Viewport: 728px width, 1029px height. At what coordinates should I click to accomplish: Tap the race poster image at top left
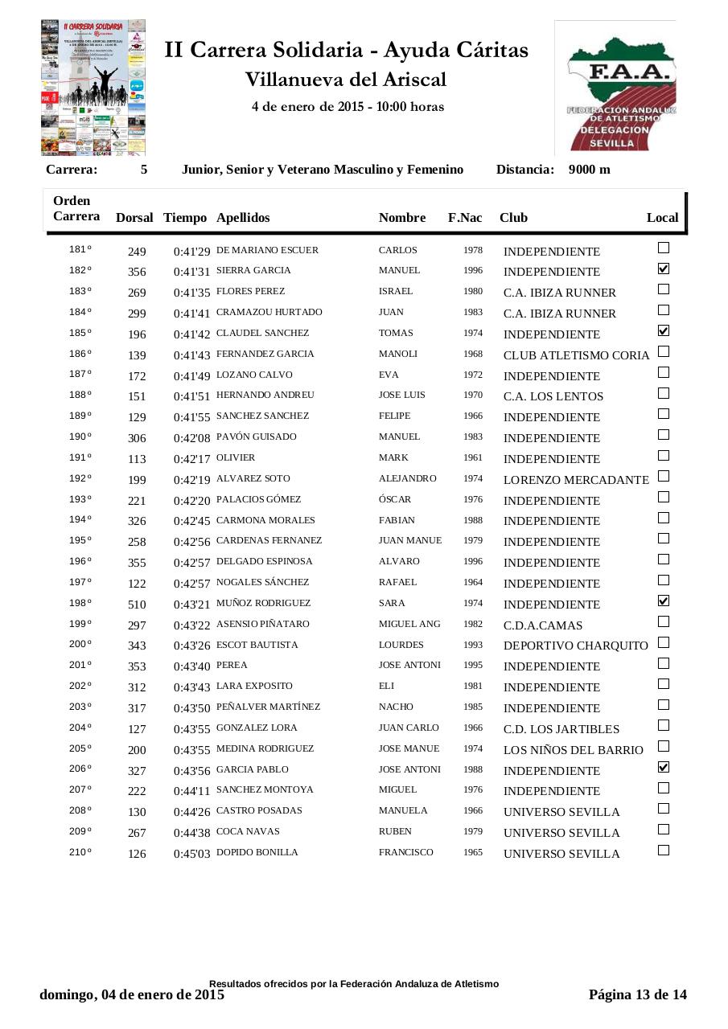pyautogui.click(x=93, y=87)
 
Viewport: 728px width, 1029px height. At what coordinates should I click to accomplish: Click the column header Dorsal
pyautogui.click(x=134, y=218)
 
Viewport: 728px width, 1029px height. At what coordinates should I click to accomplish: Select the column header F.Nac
pyautogui.click(x=465, y=218)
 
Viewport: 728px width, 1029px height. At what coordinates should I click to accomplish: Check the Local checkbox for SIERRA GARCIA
pyautogui.click(x=664, y=269)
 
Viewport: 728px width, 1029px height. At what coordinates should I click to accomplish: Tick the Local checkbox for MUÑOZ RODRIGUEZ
pyautogui.click(x=664, y=601)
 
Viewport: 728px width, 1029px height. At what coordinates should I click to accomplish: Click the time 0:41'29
pyautogui.click(x=191, y=252)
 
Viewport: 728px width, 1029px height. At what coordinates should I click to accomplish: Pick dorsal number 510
pyautogui.click(x=137, y=605)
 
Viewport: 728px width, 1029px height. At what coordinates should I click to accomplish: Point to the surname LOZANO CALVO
pyautogui.click(x=254, y=375)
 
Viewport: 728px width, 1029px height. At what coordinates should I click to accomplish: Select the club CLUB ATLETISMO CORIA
pyautogui.click(x=576, y=355)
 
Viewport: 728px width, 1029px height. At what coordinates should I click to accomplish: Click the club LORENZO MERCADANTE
pyautogui.click(x=576, y=480)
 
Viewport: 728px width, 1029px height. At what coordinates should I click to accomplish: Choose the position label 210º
pyautogui.click(x=80, y=852)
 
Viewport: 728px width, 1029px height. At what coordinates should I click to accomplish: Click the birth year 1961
pyautogui.click(x=473, y=457)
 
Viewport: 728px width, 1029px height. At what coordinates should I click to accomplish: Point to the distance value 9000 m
pyautogui.click(x=589, y=170)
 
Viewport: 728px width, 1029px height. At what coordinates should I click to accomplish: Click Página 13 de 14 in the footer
pyautogui.click(x=638, y=994)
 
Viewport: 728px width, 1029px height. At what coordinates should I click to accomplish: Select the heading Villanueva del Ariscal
pyautogui.click(x=346, y=80)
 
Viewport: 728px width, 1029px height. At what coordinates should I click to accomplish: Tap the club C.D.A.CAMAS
pyautogui.click(x=543, y=625)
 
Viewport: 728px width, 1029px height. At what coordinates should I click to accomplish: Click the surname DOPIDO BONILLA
pyautogui.click(x=257, y=852)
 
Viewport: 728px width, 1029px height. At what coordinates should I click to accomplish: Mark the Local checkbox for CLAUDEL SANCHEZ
pyautogui.click(x=664, y=330)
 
